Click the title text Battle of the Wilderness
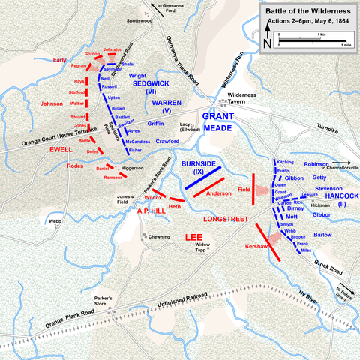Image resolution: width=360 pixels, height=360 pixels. pos(307,13)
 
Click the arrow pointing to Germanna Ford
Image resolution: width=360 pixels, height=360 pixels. pos(154,7)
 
